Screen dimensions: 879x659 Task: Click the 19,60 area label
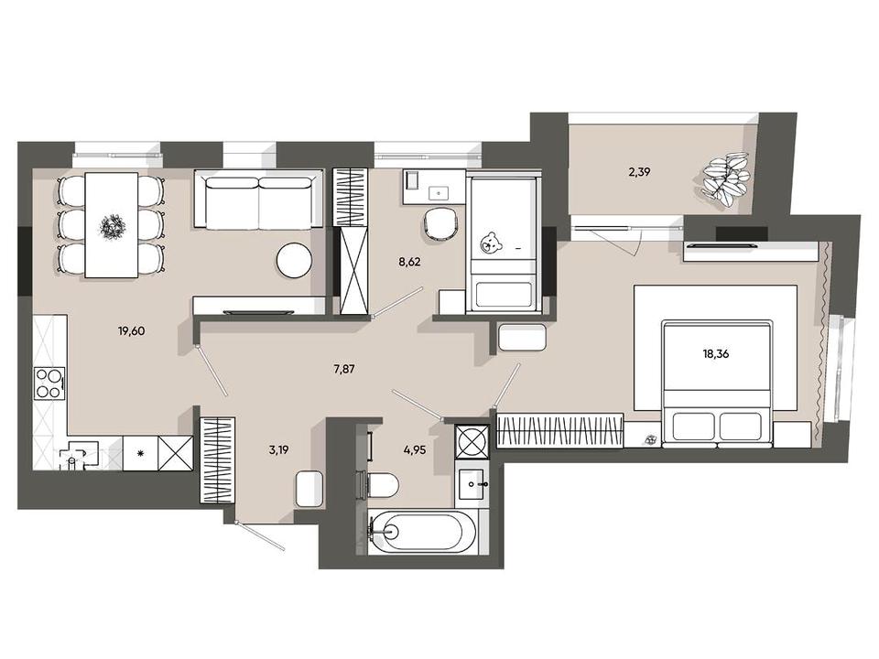[131, 331]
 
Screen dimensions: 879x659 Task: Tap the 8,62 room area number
[410, 262]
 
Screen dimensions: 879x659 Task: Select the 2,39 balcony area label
[639, 172]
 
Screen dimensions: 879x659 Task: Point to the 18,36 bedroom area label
[716, 354]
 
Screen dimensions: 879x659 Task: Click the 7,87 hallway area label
[343, 369]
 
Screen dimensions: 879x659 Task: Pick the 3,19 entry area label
[278, 449]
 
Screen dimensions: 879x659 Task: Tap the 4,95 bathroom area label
[415, 449]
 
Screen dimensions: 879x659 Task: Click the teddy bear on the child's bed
[491, 243]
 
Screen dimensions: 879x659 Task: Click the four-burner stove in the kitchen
[49, 384]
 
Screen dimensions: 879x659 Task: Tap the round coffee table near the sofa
[294, 260]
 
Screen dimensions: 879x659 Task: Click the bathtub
[423, 531]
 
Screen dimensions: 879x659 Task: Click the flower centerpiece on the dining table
[113, 226]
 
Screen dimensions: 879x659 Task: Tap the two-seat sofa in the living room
[259, 200]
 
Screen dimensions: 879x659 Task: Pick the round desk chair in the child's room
[441, 224]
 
